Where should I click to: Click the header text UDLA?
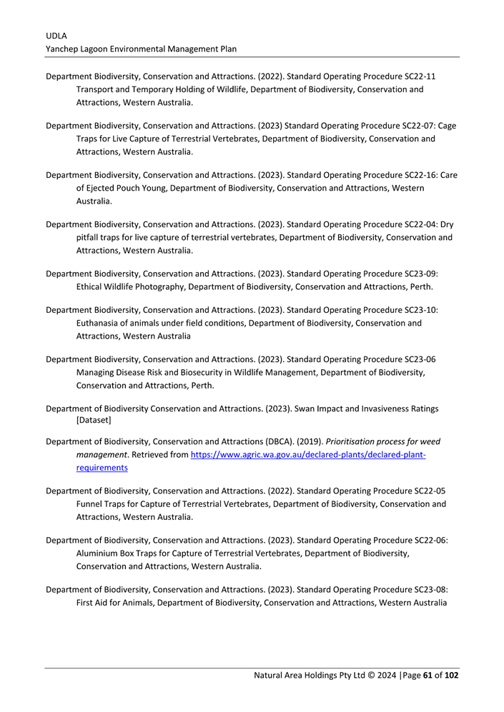pyautogui.click(x=55, y=34)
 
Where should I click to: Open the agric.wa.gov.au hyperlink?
pyautogui.click(x=308, y=455)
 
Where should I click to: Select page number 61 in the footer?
pyautogui.click(x=428, y=676)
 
